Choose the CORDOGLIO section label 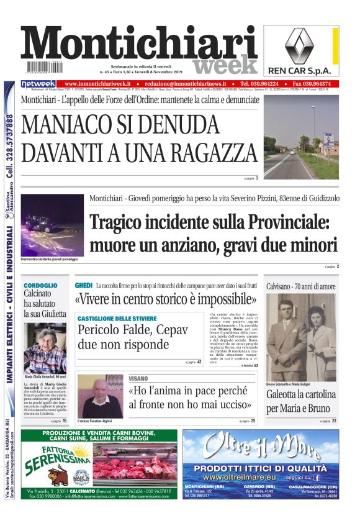click(x=40, y=285)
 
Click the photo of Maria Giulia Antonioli click(x=45, y=348)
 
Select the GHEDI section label click(x=83, y=284)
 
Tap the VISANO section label click(x=138, y=378)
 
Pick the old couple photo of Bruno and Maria click(x=300, y=337)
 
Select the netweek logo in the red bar click(x=38, y=84)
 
